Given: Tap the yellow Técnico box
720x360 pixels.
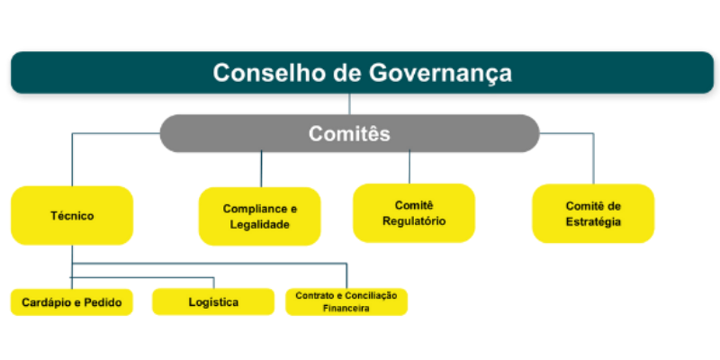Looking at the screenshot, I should [x=72, y=216].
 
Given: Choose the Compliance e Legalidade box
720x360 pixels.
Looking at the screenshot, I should [x=259, y=217].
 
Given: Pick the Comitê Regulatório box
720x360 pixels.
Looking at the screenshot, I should [x=413, y=213].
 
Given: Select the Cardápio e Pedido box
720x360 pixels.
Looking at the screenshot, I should [x=72, y=302].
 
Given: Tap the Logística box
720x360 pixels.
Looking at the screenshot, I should [x=213, y=302].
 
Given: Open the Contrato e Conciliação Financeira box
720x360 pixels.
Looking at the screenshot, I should [x=346, y=301].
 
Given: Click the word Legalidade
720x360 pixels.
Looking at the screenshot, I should [x=259, y=225].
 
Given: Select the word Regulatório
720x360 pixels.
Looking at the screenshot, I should [x=413, y=221].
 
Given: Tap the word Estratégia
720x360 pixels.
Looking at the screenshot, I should [x=593, y=222].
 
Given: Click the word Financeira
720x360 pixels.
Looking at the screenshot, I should [x=346, y=308].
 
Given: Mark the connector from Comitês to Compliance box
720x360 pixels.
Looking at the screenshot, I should [x=261, y=169].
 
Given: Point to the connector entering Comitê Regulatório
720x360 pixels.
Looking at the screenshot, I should [x=409, y=166].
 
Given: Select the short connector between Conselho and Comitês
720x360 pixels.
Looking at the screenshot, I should [x=349, y=103].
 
